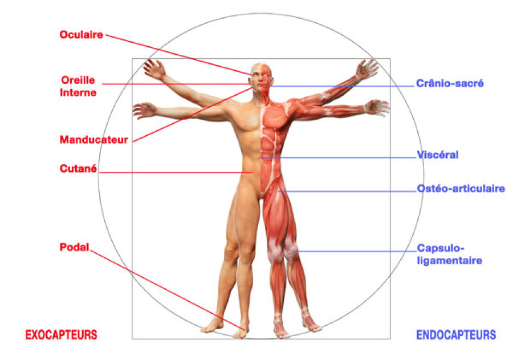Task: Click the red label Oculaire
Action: (x=82, y=35)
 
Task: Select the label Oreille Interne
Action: (x=78, y=86)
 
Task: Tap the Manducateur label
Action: (x=94, y=139)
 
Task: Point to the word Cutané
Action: (x=78, y=169)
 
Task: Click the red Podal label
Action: (x=74, y=247)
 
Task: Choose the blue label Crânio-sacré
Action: (x=450, y=83)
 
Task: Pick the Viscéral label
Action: (x=438, y=155)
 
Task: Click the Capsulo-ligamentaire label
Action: (x=450, y=254)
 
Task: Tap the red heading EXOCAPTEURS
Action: (x=61, y=334)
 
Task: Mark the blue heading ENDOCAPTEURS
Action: (x=456, y=335)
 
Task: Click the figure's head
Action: (x=260, y=77)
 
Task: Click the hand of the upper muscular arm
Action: (x=367, y=68)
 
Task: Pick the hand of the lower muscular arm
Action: (x=378, y=107)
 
